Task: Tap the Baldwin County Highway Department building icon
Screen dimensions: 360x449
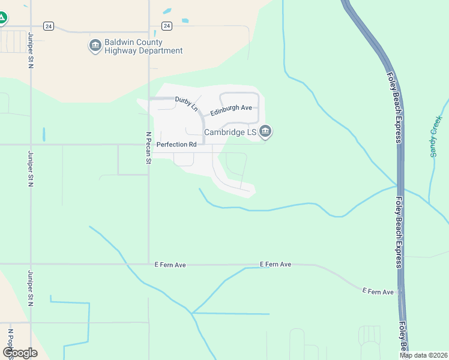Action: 95,46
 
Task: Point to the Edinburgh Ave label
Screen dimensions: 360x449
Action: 231,108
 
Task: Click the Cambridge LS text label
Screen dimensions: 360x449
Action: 231,132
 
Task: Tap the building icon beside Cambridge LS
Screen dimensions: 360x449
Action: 265,131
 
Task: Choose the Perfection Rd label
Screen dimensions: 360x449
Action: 176,145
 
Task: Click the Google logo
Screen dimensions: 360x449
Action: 20,353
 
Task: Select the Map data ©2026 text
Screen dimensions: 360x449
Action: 423,355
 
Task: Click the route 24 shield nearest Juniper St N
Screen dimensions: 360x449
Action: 49,26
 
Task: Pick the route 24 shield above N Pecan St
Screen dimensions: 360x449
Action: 167,26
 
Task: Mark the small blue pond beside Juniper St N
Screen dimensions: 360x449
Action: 44,134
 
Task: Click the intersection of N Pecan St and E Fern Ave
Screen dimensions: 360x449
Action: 148,263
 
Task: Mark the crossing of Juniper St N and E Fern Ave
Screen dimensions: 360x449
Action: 31,263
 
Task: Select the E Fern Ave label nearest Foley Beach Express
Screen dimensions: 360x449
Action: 378,292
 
